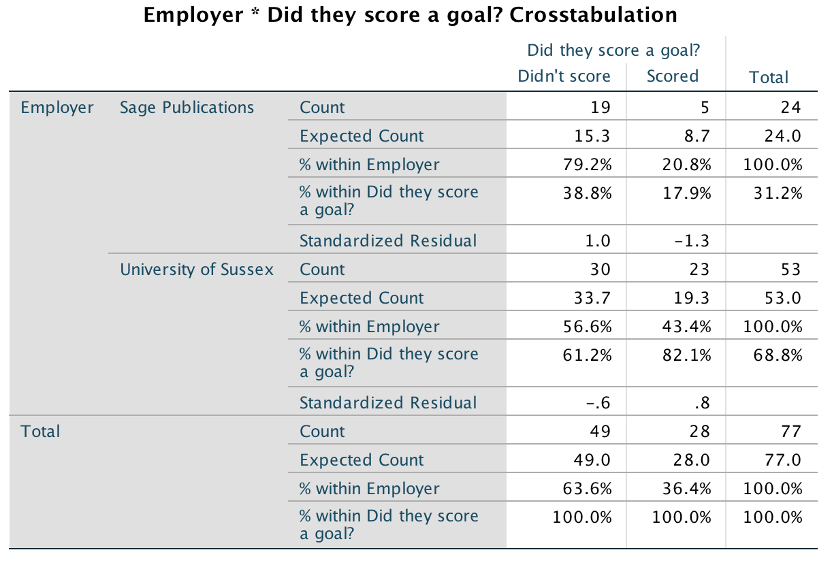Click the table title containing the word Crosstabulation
pyautogui.click(x=411, y=15)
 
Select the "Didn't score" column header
pyautogui.click(x=564, y=76)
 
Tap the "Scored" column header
pyautogui.click(x=672, y=76)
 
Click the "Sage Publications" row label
pyautogui.click(x=187, y=108)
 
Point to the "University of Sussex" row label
pyautogui.click(x=197, y=270)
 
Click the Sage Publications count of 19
pyautogui.click(x=601, y=108)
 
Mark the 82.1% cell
pyautogui.click(x=688, y=355)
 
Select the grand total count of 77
pyautogui.click(x=791, y=432)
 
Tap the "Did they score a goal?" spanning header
pyautogui.click(x=614, y=50)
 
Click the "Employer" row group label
pyautogui.click(x=57, y=108)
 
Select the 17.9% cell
pyautogui.click(x=688, y=193)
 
